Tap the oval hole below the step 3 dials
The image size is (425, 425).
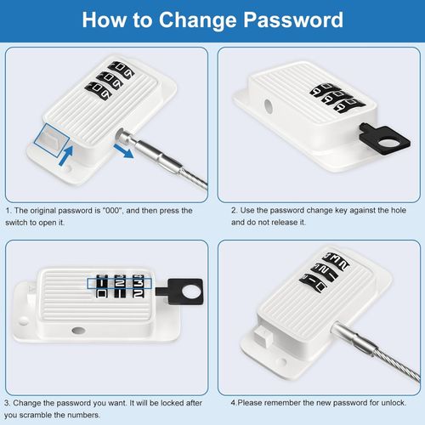pyautogui.click(x=78, y=330)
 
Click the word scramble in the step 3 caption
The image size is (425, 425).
pyautogui.click(x=37, y=415)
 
